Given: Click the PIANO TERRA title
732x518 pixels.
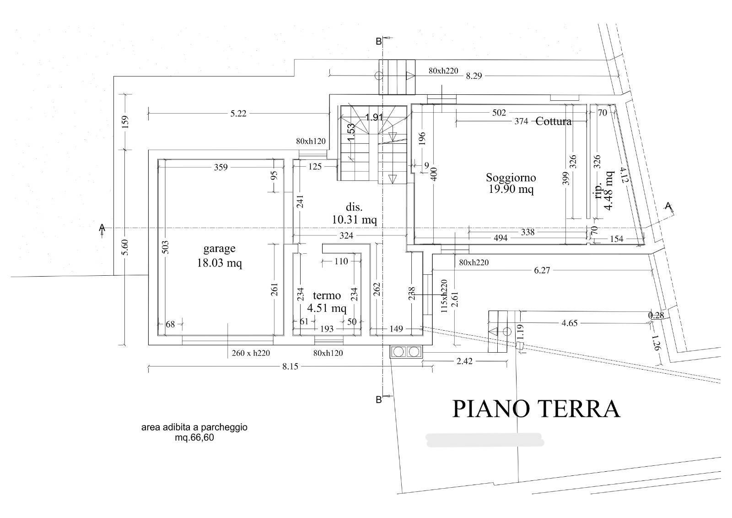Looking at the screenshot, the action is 536,409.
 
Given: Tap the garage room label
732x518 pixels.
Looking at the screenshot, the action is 219,249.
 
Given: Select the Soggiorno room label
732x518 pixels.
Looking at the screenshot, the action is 511,178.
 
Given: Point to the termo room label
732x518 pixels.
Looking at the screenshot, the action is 327,295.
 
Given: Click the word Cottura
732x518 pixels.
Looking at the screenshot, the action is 554,121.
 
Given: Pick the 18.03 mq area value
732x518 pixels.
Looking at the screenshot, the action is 219,263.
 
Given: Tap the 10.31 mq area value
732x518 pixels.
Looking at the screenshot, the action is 354,219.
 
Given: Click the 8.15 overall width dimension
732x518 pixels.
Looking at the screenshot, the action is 290,366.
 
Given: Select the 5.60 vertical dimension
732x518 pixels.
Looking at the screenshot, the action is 125,247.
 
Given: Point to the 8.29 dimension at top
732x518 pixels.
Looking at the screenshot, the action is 474,76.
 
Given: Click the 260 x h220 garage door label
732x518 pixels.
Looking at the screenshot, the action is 251,353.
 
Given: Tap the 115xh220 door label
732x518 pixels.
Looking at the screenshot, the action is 444,296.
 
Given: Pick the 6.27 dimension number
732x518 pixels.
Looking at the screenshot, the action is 542,270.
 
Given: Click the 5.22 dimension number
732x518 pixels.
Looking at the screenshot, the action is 238,114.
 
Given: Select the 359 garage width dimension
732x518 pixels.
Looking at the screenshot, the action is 221,167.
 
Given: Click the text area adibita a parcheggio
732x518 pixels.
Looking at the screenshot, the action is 194,427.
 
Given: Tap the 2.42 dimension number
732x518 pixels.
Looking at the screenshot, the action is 464,361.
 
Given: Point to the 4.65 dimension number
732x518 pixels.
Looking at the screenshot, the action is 570,323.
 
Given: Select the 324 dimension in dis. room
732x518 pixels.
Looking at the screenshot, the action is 346,235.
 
